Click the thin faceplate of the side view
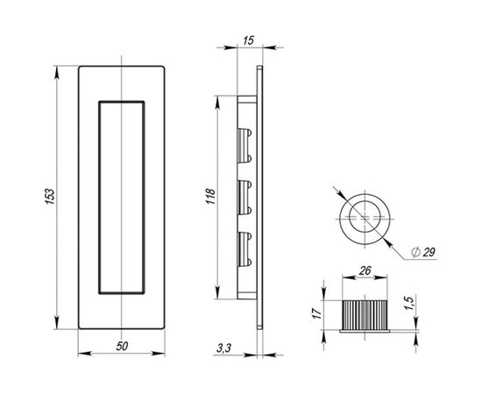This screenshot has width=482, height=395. (x=259, y=197)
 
